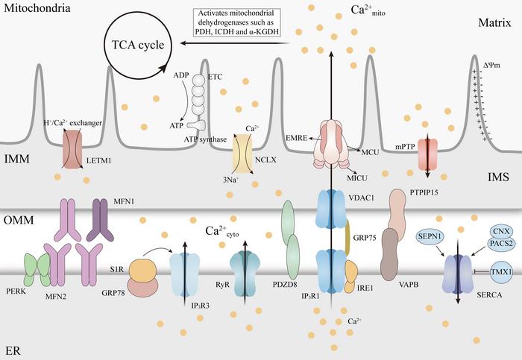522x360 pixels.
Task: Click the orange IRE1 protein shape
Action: (350, 276)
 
